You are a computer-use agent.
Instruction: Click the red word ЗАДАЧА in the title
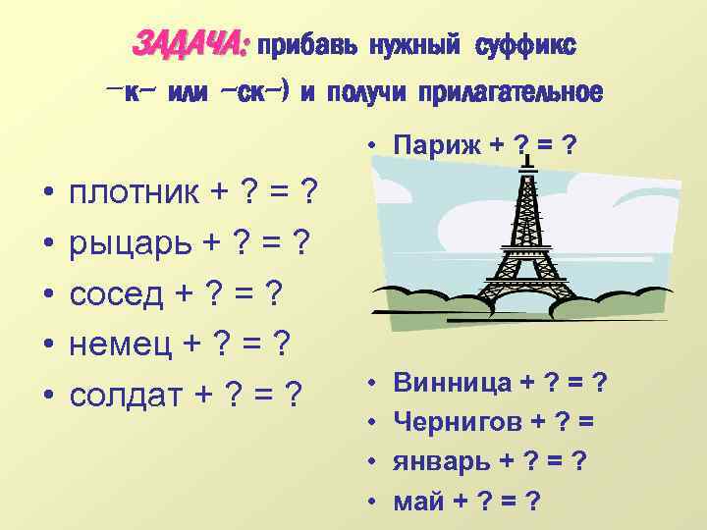pos(190,45)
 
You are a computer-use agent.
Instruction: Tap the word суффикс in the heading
pos(526,45)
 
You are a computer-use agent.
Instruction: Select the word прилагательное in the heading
pos(510,94)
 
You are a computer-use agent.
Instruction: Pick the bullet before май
pos(375,501)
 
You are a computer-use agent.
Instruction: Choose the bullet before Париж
pos(375,145)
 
